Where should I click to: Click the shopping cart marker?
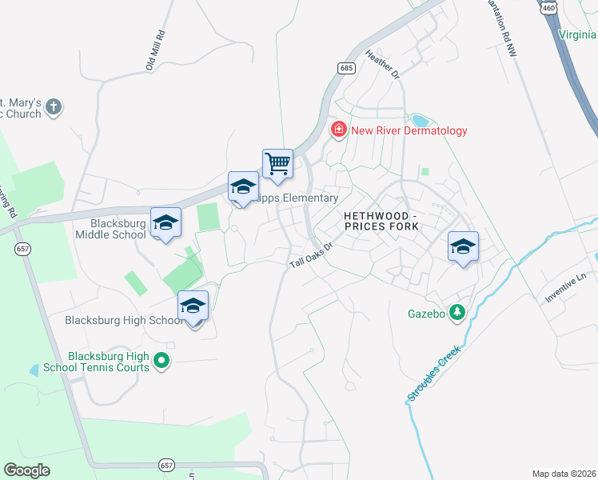tap(277, 164)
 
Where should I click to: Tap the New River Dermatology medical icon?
tap(339, 130)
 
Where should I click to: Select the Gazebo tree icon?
tap(457, 313)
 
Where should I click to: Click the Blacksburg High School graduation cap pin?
tap(193, 307)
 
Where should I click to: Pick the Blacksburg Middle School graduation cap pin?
tap(166, 224)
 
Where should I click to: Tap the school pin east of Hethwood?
tap(463, 248)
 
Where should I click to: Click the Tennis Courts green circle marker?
tap(161, 362)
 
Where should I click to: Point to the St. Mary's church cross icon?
tap(54, 107)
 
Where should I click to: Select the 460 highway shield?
tap(548, 7)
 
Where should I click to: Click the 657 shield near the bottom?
tap(166, 465)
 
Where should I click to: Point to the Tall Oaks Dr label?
tap(310, 256)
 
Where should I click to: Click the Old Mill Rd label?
tap(155, 50)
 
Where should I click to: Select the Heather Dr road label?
tap(382, 64)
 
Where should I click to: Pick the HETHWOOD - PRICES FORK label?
tap(381, 222)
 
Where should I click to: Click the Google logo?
tap(27, 470)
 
